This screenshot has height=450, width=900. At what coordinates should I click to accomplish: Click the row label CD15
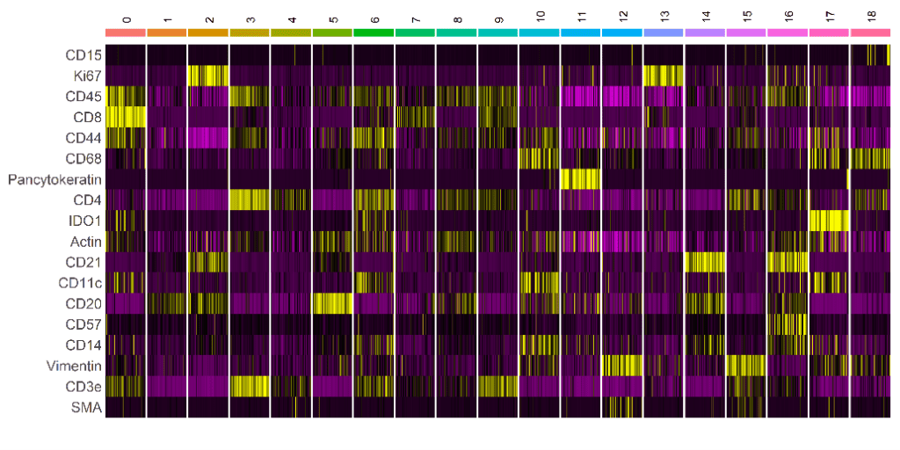coord(83,55)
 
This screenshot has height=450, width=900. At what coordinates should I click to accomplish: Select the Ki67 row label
coord(86,76)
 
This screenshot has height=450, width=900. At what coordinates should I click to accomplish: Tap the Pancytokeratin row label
coord(55,179)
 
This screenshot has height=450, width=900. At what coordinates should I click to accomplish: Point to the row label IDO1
coord(85,221)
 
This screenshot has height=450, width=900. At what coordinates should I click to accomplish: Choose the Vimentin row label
coord(75,366)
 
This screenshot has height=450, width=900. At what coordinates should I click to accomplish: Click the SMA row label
coord(87,407)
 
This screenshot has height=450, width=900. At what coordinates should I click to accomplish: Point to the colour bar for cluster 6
coord(374,33)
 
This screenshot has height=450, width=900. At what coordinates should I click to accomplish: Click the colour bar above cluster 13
coord(664,33)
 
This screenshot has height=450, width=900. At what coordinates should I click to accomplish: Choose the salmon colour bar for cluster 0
coord(126,33)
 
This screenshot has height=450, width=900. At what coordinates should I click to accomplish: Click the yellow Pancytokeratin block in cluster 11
coord(581,179)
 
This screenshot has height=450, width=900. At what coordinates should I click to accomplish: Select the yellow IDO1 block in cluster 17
coord(829,221)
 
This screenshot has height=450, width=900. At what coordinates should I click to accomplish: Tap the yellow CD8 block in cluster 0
coord(126,117)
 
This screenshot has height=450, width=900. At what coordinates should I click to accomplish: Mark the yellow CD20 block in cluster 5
coord(332,303)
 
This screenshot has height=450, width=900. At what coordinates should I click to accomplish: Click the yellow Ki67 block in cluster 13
coord(664,76)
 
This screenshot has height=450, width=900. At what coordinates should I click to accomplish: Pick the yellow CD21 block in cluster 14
coord(705,262)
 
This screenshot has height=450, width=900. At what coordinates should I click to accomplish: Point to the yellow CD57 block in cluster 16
coord(787,323)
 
